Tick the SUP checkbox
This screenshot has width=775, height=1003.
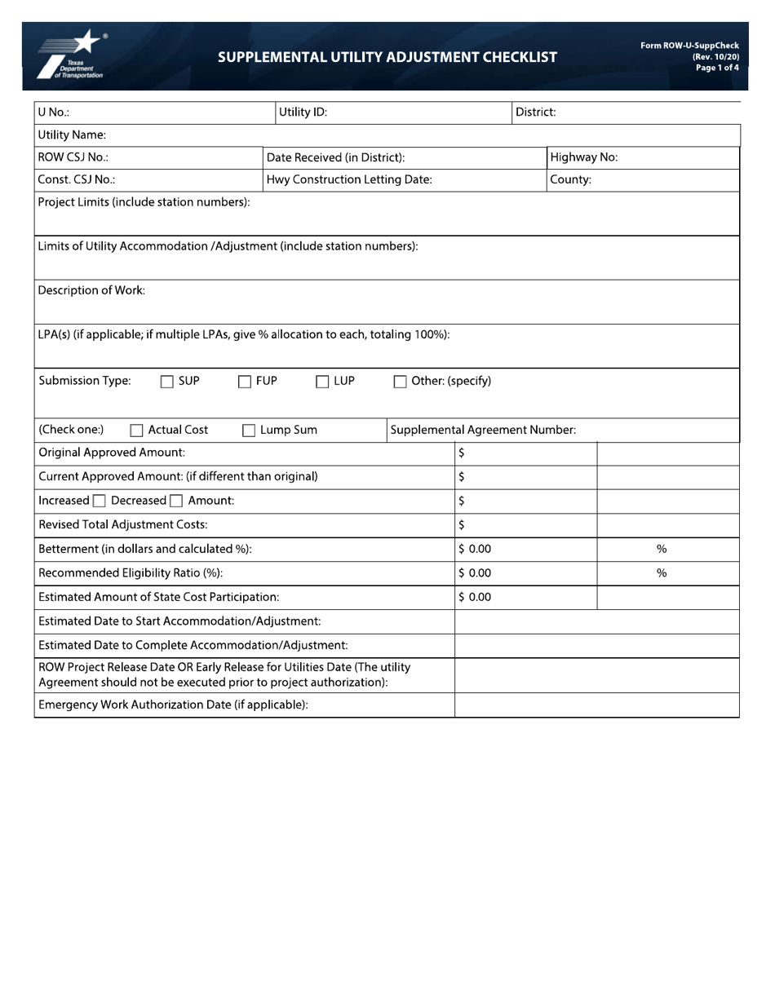[x=166, y=382]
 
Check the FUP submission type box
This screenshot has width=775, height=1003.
[x=244, y=382]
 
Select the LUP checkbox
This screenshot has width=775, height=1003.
[x=322, y=382]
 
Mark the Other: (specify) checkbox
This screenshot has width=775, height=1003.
[x=400, y=382]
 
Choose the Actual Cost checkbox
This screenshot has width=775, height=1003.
[x=137, y=431]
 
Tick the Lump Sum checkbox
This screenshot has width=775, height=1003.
[x=249, y=431]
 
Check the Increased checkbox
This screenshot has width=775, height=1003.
[x=99, y=501]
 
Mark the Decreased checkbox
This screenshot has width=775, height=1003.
[x=175, y=501]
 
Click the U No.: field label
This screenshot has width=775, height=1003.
[x=54, y=113]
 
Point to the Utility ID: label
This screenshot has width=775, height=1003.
[x=303, y=113]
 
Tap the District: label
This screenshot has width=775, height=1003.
[x=535, y=113]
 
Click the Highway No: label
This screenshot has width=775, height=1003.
[x=583, y=157]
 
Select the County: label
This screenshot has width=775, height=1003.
[x=570, y=179]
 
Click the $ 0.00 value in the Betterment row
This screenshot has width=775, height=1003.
[x=475, y=550]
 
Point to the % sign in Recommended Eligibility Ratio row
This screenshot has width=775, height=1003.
[x=662, y=573]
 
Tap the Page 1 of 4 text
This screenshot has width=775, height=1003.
[x=717, y=68]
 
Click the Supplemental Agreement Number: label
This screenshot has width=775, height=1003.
[x=483, y=430]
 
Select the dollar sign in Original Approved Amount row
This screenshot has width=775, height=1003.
[x=462, y=453]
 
